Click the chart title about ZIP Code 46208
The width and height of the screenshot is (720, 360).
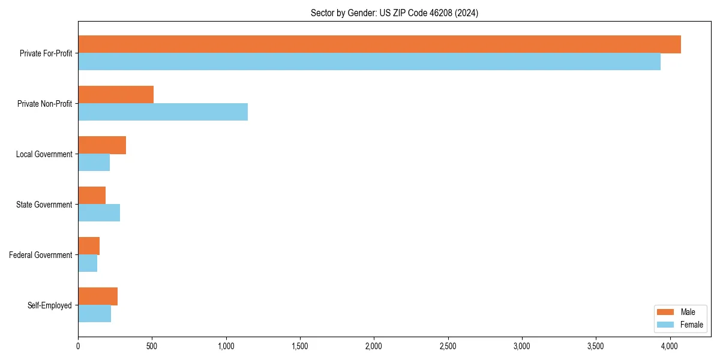coord(394,13)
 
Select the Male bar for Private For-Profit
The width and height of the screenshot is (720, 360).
coord(379,44)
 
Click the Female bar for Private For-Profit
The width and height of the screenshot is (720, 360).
coord(369,62)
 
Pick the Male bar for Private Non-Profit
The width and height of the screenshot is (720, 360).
coord(116,95)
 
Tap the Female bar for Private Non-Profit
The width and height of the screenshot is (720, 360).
coord(163,112)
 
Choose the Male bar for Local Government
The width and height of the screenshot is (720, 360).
coord(102,145)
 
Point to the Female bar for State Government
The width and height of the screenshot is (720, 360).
coord(99,213)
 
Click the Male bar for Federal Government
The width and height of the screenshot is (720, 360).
coord(89,246)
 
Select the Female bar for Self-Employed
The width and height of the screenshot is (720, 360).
coord(94,314)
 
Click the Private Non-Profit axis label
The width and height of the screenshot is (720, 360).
coord(44,104)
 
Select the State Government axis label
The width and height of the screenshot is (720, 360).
coord(44,205)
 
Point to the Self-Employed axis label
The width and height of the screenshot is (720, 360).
coord(49,305)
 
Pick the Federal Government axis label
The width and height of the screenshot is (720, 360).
coord(41,255)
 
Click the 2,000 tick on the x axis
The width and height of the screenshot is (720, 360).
coord(374,346)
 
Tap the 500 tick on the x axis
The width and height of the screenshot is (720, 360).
coord(152,346)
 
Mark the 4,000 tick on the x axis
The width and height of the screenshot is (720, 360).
coord(670,346)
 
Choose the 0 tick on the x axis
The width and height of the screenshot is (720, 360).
coord(78,346)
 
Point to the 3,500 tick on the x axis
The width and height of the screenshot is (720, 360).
coord(596,346)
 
